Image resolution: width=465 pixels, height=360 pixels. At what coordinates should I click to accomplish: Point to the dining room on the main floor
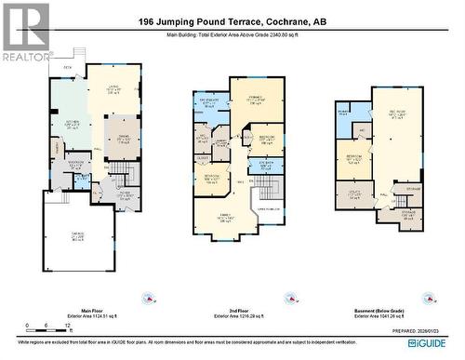tap(123, 136)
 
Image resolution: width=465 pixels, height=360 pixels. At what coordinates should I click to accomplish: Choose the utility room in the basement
tap(354, 195)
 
